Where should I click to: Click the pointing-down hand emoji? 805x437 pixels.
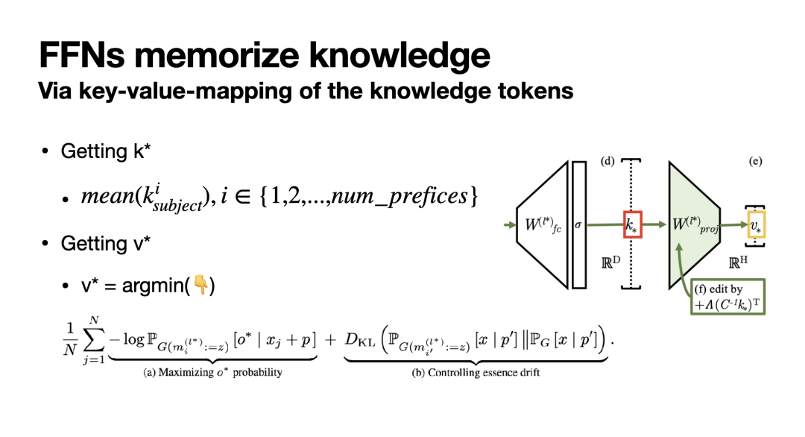pyautogui.click(x=200, y=285)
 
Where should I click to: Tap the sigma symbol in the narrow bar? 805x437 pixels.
pyautogui.click(x=579, y=224)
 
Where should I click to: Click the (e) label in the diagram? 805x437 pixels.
pyautogui.click(x=755, y=162)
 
